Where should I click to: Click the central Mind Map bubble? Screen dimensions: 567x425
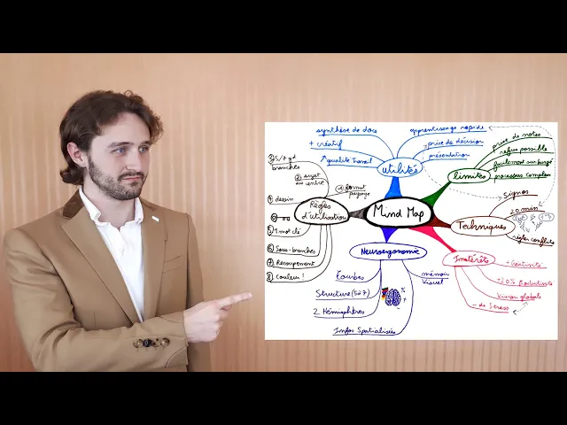tap(398, 212)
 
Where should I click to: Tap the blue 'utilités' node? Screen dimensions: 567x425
tap(400, 168)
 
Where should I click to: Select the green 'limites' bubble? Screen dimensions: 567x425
tap(470, 174)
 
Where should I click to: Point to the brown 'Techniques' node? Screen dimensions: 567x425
tap(482, 227)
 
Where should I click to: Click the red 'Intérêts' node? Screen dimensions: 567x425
tap(470, 259)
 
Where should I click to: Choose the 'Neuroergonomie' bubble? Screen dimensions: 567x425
tap(388, 251)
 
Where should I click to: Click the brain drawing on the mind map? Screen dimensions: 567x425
tap(392, 297)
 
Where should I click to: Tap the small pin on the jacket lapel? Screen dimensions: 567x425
tap(154, 218)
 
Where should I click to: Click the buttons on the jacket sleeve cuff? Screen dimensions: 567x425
tap(151, 343)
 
